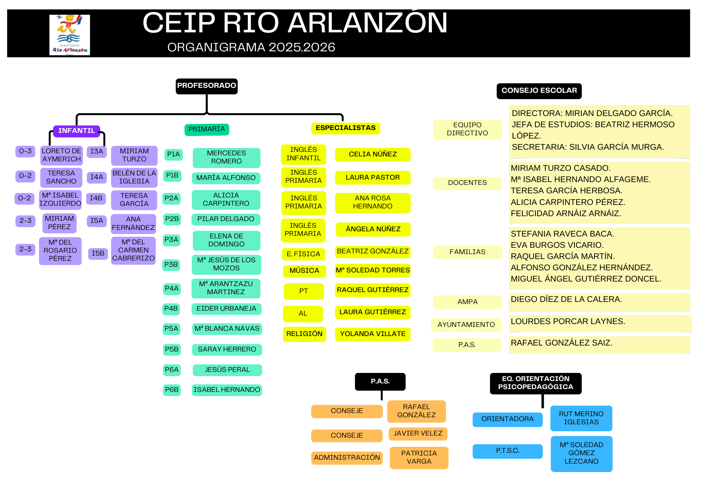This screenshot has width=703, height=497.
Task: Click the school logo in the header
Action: [70, 35]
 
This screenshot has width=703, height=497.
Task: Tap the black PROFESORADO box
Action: [207, 86]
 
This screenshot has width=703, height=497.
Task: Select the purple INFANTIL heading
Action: [77, 131]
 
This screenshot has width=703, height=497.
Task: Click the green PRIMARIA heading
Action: [207, 129]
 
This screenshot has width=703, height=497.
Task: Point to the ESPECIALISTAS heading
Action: [346, 128]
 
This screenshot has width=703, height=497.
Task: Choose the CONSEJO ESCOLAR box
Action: [539, 91]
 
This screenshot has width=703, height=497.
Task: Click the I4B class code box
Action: [96, 198]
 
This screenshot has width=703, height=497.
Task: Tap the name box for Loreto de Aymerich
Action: [62, 155]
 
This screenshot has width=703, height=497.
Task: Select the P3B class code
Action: [171, 265]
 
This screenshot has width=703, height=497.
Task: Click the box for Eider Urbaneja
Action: [226, 309]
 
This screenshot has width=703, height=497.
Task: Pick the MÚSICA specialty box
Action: [304, 271]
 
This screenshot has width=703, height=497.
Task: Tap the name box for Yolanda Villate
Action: [373, 334]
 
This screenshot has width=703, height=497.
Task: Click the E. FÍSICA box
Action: [303, 254]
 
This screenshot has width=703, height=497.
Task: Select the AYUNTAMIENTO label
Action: [466, 325]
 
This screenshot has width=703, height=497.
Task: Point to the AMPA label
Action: [467, 302]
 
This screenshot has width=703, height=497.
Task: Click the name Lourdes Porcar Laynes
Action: [568, 321]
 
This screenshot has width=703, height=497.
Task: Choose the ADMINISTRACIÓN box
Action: [347, 458]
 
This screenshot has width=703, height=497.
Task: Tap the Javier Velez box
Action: [418, 434]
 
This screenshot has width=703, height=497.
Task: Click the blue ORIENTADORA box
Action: [508, 419]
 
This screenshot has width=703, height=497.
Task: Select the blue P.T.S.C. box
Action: [508, 451]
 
